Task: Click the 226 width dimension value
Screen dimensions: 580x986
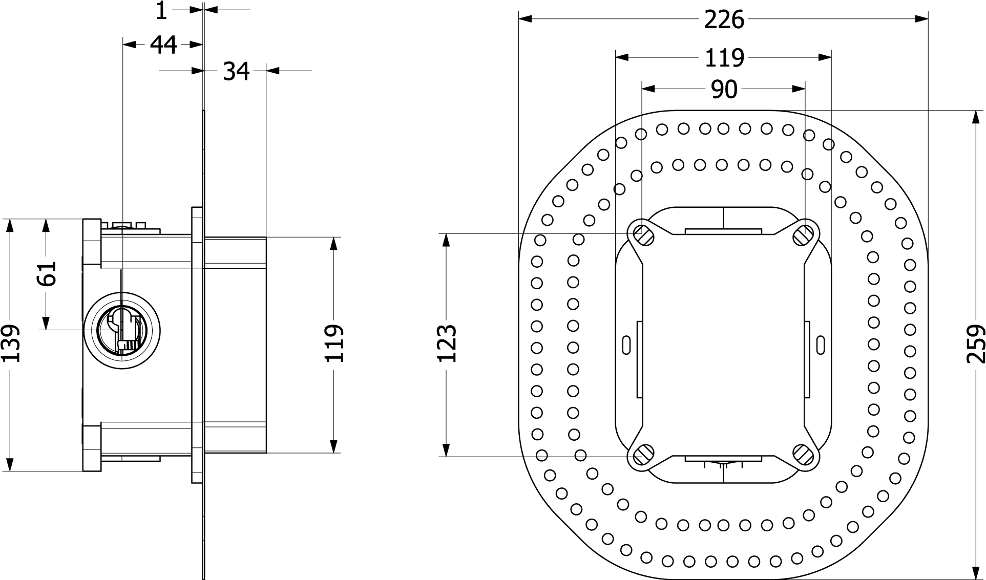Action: coord(724,20)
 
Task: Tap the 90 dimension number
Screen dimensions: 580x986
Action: coord(724,90)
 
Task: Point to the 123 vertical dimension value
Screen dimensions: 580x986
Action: coord(447,343)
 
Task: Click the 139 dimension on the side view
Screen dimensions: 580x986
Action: coord(10,343)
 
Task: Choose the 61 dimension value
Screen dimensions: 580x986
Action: coord(47,273)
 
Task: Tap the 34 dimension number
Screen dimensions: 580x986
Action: coord(236,72)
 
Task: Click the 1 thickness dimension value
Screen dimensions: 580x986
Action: coord(161,10)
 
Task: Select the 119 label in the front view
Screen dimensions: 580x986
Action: coord(724,58)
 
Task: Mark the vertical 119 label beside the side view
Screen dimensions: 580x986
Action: coord(334,343)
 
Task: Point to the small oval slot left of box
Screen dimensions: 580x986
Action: coord(626,345)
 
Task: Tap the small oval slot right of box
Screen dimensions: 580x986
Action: coord(821,345)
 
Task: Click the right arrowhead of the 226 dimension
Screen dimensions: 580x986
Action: coord(921,19)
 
